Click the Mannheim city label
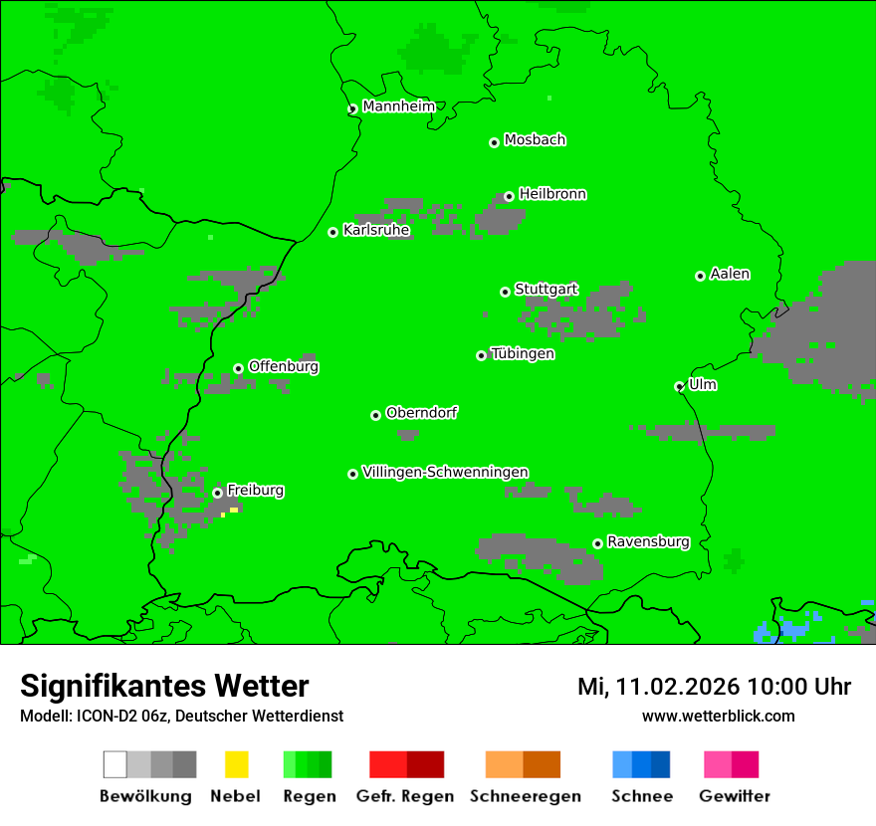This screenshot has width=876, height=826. pos(398,106)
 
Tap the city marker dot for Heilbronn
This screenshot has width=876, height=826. pos(509,196)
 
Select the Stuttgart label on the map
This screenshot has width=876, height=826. pos(546,290)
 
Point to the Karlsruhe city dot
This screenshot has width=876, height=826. pos(333,232)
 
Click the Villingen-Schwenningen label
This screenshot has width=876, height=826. pos(445,472)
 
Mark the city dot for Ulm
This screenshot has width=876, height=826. pos(680,386)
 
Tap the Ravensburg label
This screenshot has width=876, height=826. pos(648,542)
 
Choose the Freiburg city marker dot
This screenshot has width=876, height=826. pos(217,493)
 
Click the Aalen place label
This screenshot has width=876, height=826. pos(730,274)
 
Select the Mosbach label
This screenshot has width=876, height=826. pos(535,140)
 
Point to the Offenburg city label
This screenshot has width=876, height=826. pos(283,366)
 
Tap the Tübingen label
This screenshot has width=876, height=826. pos(523,353)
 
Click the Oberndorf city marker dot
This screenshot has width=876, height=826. pos(375,415)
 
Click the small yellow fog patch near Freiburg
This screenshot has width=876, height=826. pos(233,510)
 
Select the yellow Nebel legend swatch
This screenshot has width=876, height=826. pos(236,764)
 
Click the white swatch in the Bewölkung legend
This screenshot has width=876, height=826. pos(115,764)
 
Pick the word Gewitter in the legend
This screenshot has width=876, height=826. pos(734,796)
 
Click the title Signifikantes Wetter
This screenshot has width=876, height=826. pos(164,686)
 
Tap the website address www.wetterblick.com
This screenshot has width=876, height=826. pos(718,716)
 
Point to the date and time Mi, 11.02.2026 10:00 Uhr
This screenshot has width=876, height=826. pos(714,687)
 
